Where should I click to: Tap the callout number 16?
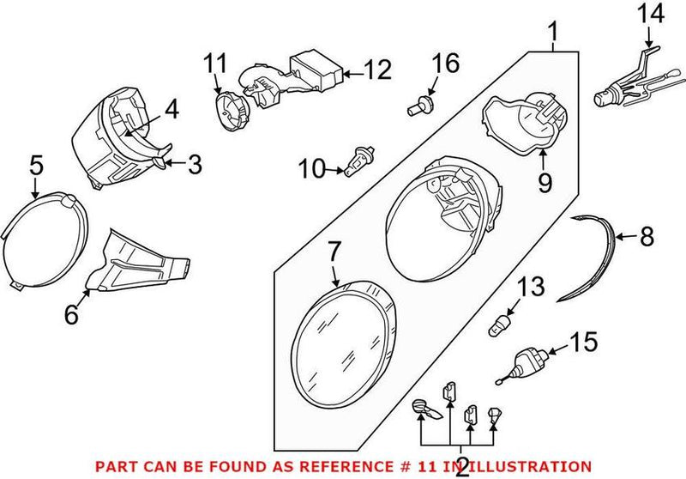tap(445, 63)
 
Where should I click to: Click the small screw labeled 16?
tap(418, 106)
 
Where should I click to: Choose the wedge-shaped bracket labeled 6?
tap(137, 265)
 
